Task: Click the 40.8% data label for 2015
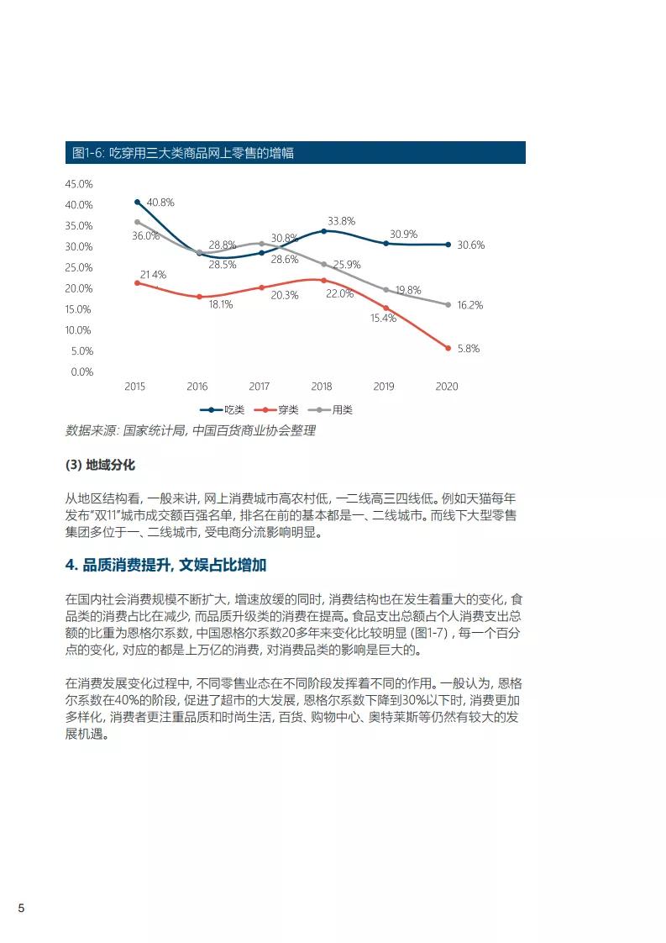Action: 160,203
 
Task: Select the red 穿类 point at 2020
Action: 448,348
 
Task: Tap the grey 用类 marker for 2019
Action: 385,290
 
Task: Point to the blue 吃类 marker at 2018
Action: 323,231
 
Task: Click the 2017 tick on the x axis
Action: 260,387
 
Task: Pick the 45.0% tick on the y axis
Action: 79,184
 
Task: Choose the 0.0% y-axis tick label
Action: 81,371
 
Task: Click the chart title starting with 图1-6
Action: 182,153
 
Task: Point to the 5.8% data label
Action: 468,349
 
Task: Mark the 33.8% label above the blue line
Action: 342,221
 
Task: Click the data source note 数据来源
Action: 191,430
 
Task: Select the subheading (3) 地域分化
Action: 100,465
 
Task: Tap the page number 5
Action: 22,909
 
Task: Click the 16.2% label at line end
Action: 469,305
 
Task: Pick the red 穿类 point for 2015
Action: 137,282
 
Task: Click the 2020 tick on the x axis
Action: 447,387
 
